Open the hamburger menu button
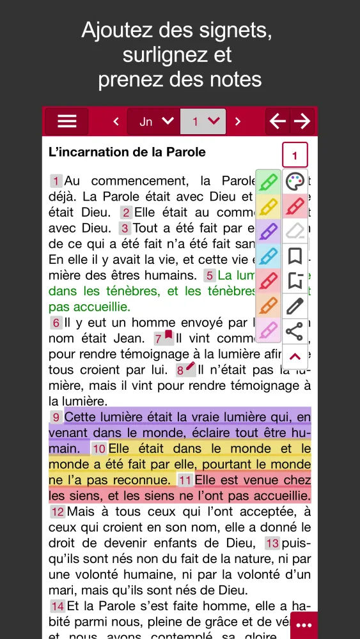67,121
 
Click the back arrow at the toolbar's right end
278,121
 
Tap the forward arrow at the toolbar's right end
302,121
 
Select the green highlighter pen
269,182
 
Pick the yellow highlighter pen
269,207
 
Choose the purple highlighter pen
269,231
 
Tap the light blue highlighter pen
269,256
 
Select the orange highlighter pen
269,305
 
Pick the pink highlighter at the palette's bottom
269,330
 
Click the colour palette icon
295,182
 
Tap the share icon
294,331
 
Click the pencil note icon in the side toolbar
294,306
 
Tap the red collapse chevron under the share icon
295,357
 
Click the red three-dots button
304,625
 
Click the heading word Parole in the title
185,153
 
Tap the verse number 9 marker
56,418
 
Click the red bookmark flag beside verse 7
169,335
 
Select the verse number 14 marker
58,606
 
